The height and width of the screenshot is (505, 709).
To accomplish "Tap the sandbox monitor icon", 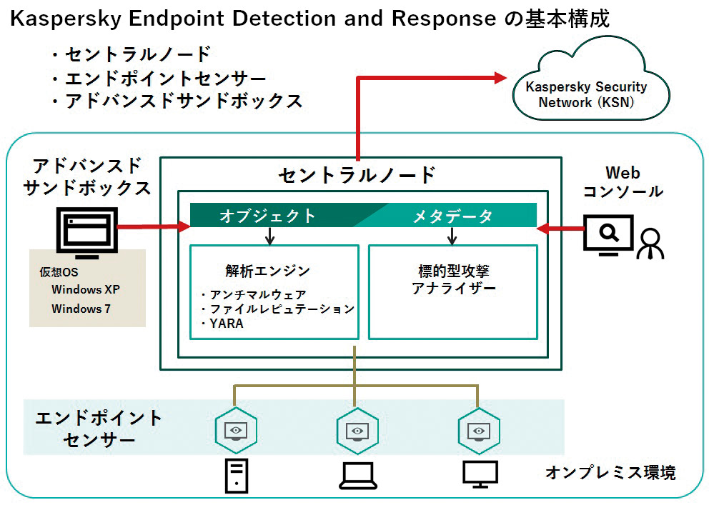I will (86, 231).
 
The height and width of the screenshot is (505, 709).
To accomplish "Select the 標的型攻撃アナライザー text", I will (453, 279).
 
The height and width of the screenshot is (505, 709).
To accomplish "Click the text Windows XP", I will (86, 289).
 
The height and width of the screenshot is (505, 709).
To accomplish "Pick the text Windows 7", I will (76, 309).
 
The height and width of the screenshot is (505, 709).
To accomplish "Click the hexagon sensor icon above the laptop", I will (357, 430).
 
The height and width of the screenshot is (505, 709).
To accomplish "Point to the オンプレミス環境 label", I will (610, 472).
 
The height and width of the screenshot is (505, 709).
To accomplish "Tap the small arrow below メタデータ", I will (452, 236).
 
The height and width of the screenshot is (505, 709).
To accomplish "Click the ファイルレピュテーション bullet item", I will (282, 309).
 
